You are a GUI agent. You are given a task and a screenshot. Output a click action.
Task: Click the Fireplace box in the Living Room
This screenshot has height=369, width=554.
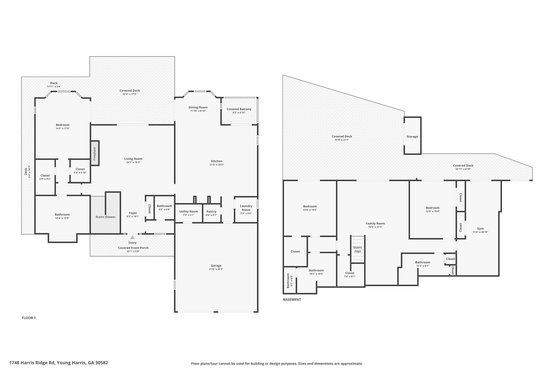click(95, 153)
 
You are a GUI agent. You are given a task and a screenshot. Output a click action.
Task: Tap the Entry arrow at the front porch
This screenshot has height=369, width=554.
click(132, 237)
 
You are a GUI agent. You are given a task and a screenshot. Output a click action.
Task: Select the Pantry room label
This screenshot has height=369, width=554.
click(211, 211)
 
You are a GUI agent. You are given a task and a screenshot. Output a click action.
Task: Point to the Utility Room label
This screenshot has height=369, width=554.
click(189, 211)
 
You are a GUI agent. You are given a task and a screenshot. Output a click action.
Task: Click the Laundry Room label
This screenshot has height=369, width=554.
click(246, 208)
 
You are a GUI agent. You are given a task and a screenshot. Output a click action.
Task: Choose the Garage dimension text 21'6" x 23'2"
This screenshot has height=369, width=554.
click(216, 269)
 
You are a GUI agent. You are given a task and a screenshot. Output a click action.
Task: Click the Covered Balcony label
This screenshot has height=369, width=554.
click(239, 109)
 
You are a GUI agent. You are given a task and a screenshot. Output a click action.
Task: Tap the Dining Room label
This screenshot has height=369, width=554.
click(198, 107)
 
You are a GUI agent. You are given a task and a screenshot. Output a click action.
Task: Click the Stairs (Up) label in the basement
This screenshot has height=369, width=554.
click(357, 249)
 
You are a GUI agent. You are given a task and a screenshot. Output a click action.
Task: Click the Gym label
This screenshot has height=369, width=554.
click(480, 228)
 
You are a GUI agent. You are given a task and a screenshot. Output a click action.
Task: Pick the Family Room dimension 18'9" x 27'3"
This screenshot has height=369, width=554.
click(375, 227)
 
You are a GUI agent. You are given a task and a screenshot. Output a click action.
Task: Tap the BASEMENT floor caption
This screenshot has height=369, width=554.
click(292, 300)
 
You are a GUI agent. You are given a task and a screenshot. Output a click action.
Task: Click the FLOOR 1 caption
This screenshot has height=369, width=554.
click(29, 318)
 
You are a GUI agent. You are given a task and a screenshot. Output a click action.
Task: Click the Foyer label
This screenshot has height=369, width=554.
click(133, 213)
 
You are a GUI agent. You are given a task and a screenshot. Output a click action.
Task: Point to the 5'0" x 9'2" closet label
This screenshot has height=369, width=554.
click(45, 179)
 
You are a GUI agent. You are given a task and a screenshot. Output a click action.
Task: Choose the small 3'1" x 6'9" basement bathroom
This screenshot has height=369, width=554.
click(290, 280)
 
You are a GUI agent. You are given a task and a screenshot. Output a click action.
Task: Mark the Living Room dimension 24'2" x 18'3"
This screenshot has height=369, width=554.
click(133, 162)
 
